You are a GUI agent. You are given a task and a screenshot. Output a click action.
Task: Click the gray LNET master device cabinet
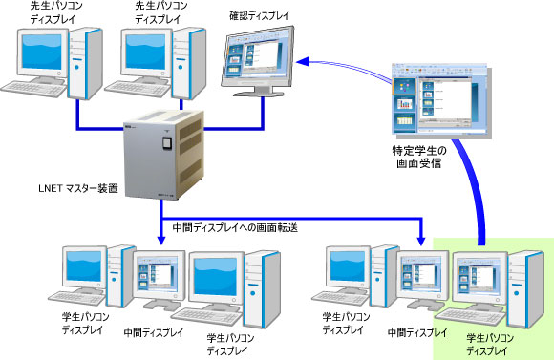(x=163, y=158)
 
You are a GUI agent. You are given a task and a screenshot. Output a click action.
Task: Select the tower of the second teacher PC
(x=191, y=57)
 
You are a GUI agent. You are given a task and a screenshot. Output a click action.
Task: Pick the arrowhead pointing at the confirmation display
(x=301, y=62)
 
